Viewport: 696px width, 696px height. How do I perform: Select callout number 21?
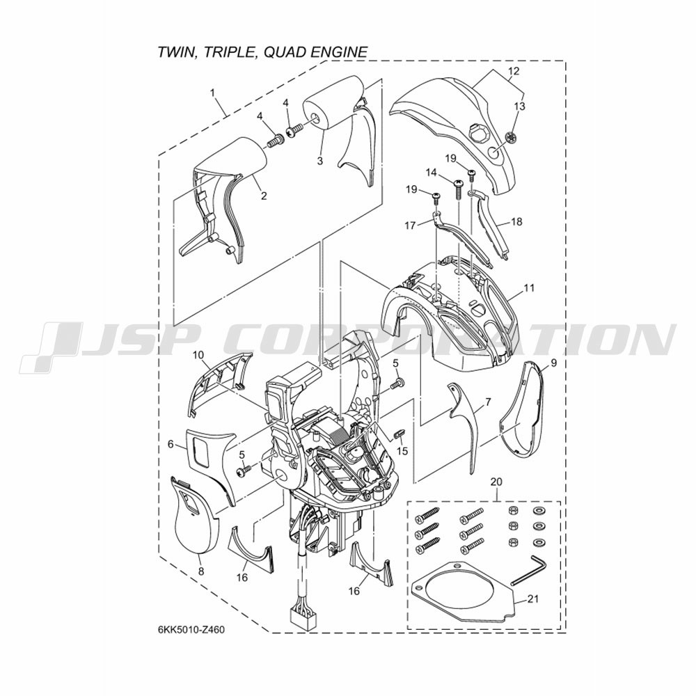click(532, 599)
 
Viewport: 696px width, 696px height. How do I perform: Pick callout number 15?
click(402, 451)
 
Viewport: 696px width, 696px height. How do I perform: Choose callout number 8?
click(201, 571)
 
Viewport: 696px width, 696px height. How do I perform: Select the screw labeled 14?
click(457, 189)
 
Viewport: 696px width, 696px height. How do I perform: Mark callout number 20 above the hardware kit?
click(497, 481)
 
